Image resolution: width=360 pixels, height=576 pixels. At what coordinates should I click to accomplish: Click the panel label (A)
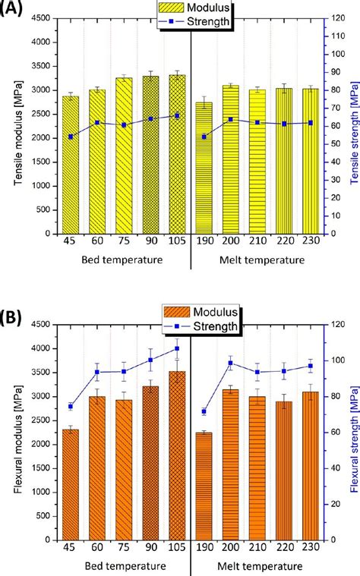pyautogui.click(x=14, y=11)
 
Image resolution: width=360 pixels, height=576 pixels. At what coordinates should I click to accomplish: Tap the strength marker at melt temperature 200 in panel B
pyautogui.click(x=231, y=363)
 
